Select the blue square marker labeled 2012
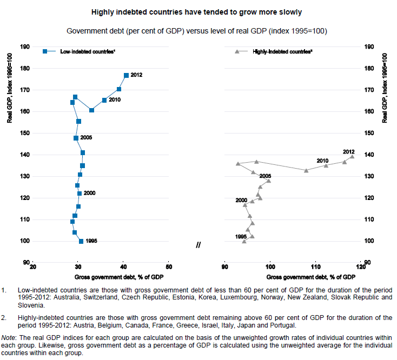126,75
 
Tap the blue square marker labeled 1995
81,241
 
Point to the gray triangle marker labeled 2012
352,157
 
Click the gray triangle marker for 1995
244,241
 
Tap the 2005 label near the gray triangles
265,176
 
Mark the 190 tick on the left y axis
25,47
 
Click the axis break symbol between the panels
199,245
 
